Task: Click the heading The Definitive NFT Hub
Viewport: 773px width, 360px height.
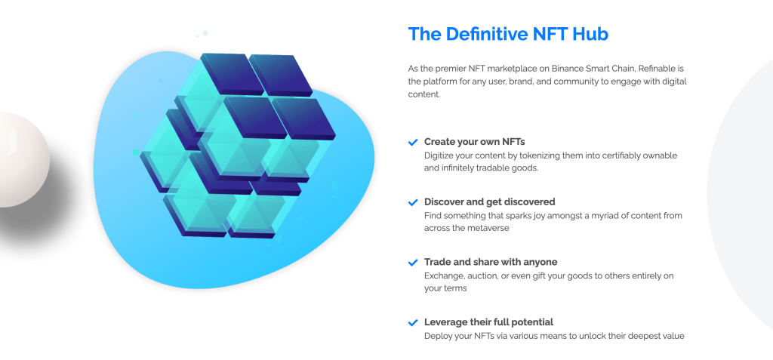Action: pos(508,34)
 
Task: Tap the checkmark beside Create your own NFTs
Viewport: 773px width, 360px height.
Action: pos(413,143)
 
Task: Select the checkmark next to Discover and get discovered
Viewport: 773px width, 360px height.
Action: pos(413,203)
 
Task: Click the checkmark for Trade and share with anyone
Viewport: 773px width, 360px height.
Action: pos(413,263)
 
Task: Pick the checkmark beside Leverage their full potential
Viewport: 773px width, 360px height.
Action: pos(413,323)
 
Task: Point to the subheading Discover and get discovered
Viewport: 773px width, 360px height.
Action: pos(489,202)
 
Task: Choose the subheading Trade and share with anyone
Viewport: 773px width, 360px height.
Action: pos(491,262)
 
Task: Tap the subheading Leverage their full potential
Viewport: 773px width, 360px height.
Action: pos(488,322)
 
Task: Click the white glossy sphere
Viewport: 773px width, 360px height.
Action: pos(22,159)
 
